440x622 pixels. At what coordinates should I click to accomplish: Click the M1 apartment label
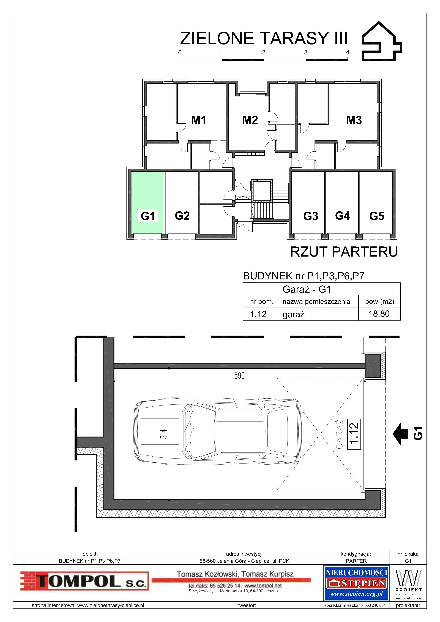199,120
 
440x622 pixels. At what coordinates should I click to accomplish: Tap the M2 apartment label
250,120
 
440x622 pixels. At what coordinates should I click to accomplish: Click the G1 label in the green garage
148,216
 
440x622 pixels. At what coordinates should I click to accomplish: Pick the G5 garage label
377,216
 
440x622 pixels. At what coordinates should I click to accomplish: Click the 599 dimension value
239,376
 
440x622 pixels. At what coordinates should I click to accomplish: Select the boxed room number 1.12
354,434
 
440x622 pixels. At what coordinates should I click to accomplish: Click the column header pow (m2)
379,302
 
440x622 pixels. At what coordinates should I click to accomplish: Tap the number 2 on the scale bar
264,52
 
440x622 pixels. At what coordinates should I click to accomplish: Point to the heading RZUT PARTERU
344,252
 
